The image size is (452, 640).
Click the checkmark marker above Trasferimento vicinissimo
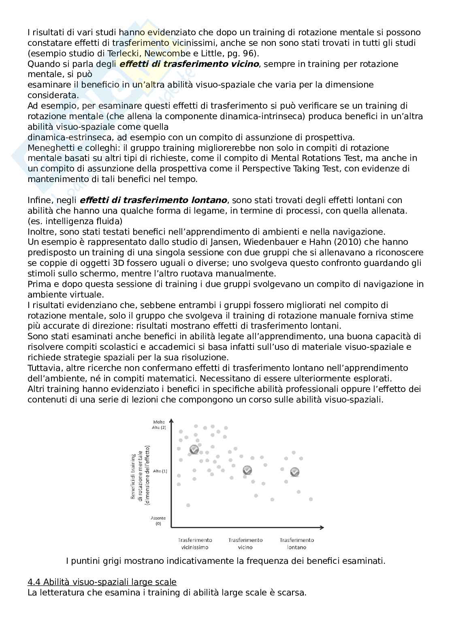(x=194, y=449)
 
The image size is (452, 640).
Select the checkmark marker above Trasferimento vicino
(x=247, y=470)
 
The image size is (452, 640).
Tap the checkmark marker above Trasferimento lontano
(x=295, y=472)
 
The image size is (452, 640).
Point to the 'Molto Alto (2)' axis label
(x=159, y=425)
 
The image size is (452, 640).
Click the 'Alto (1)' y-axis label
(x=160, y=471)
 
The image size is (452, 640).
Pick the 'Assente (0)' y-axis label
(x=158, y=521)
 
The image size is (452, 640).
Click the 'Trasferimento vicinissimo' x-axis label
(x=195, y=544)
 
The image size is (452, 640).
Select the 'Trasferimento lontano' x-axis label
(x=296, y=544)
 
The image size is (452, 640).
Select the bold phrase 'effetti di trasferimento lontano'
(x=153, y=200)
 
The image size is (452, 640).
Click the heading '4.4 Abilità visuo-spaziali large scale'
(x=102, y=582)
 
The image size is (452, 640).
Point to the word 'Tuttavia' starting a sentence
(x=42, y=368)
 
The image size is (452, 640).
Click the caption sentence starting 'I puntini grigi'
(x=225, y=561)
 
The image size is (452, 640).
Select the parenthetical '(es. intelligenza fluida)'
(x=75, y=221)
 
